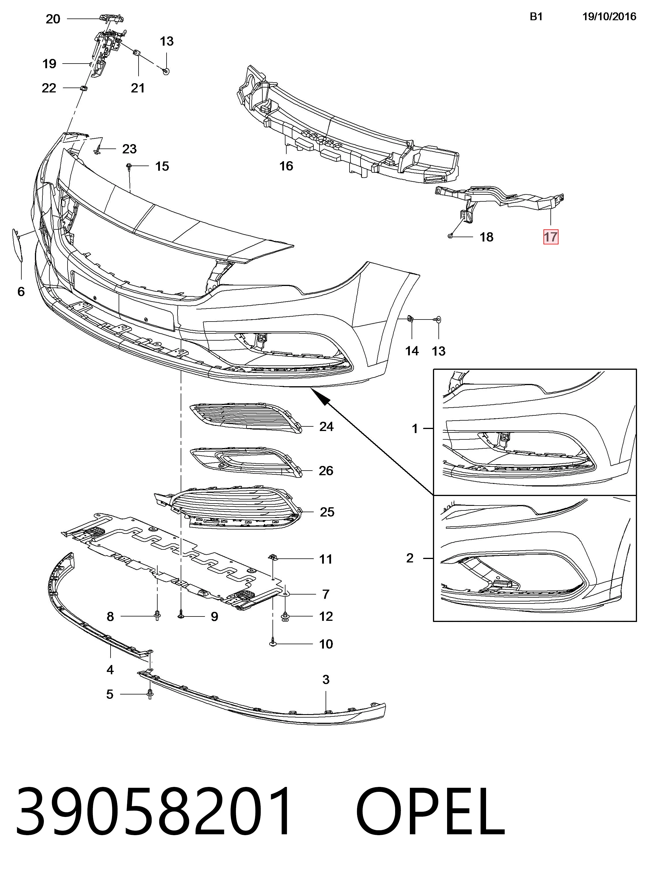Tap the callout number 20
53,19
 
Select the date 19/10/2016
609,16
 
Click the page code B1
536,16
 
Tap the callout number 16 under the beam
286,166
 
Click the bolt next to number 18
450,236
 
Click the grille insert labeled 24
246,417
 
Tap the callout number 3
326,679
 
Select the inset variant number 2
410,558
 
